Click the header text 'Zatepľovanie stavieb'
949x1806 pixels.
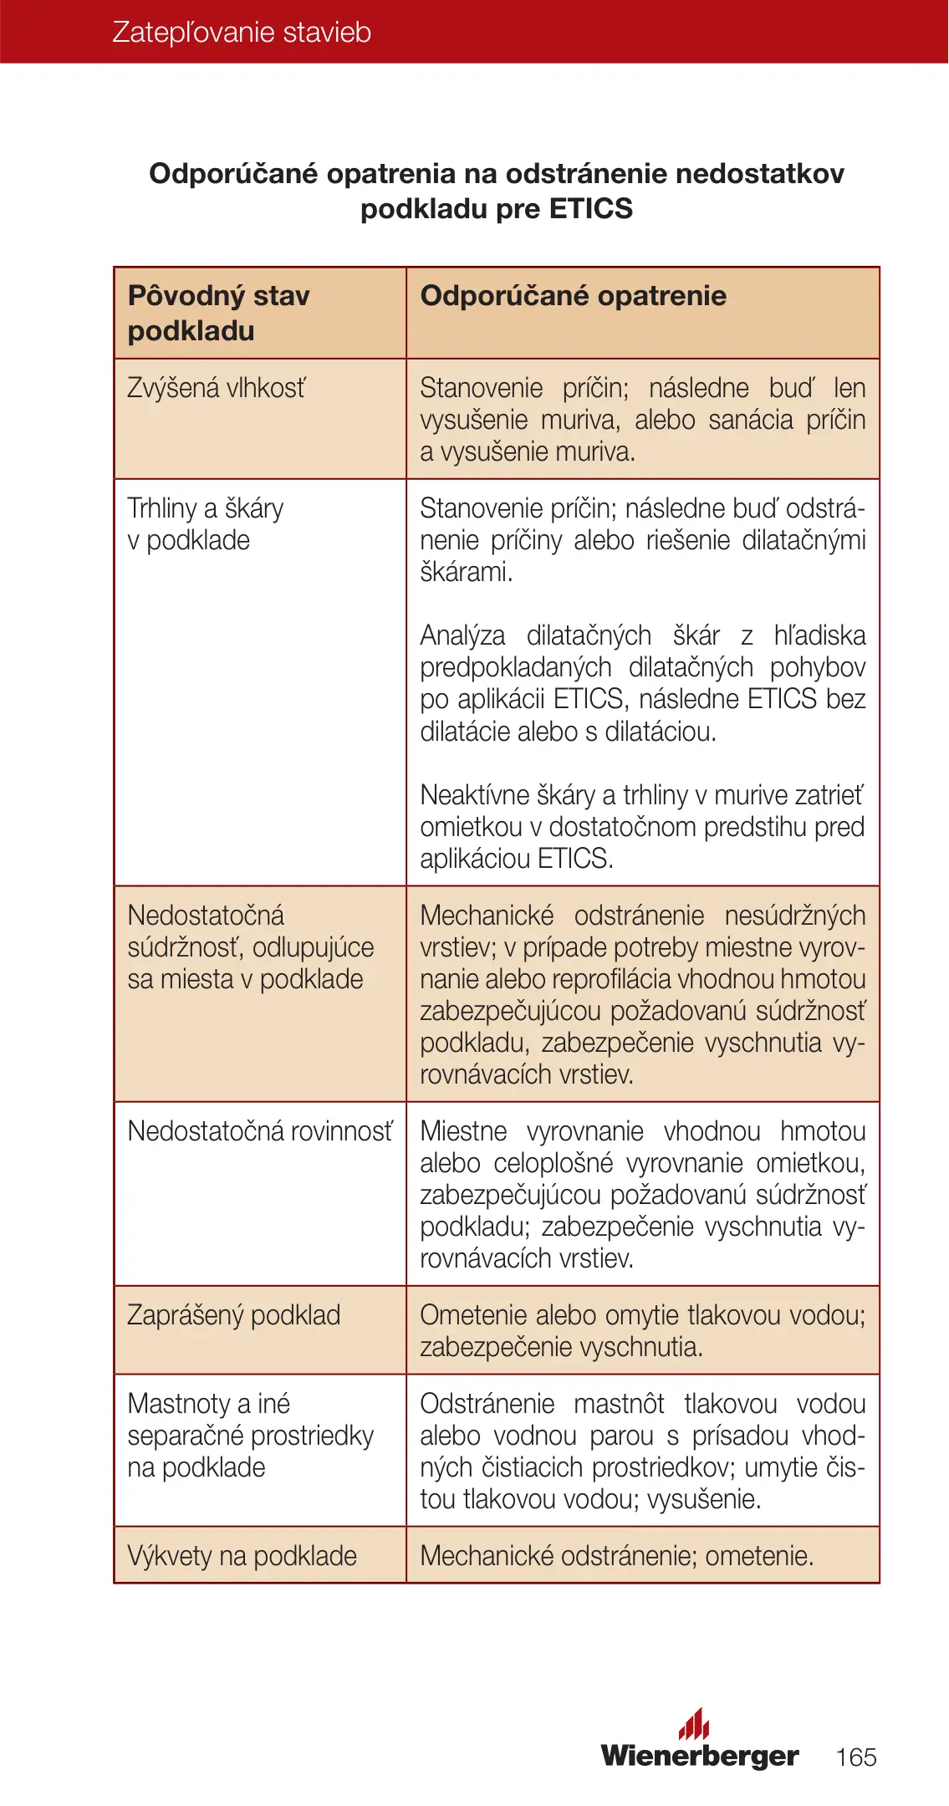point(241,32)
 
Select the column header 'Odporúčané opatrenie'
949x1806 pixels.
point(573,296)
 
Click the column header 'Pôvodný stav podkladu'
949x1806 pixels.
point(218,313)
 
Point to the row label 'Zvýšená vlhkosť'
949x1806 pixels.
point(217,388)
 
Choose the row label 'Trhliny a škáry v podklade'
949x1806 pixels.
point(205,524)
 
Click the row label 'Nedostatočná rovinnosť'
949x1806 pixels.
point(259,1131)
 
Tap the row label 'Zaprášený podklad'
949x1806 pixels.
point(233,1315)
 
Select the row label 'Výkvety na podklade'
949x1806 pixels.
point(242,1556)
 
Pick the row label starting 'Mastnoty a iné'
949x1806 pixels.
point(250,1436)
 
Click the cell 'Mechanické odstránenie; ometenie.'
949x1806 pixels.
point(616,1556)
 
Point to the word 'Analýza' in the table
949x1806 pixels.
point(462,635)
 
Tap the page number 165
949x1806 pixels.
point(855,1757)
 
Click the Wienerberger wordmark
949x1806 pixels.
point(699,1754)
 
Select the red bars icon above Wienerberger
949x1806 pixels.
point(694,1723)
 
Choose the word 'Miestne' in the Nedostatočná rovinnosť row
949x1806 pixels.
point(463,1131)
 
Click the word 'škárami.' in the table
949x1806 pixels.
point(466,573)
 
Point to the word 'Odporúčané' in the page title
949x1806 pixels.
point(233,174)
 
